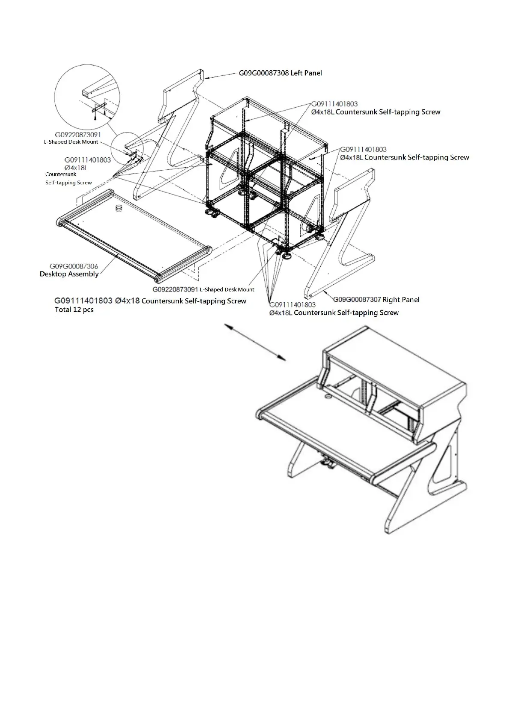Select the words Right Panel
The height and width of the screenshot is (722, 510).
coord(401,299)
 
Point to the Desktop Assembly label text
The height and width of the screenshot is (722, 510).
coord(69,274)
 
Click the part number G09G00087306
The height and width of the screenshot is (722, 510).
coord(74,266)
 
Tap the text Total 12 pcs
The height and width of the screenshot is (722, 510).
coord(74,310)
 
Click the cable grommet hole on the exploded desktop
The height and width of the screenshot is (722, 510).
coord(119,208)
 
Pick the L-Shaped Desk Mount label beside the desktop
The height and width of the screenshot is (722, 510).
coord(227,290)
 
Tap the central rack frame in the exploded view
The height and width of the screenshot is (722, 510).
coord(265,171)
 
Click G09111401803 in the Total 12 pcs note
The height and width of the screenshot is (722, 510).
coord(84,301)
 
